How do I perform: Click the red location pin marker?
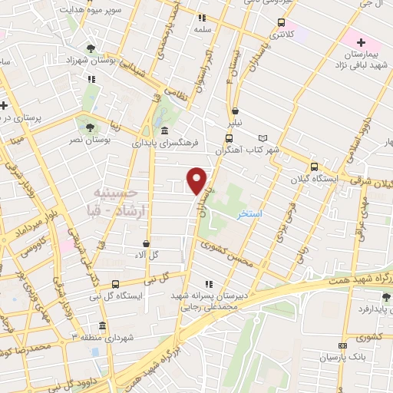197,180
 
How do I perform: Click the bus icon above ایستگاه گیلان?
313,167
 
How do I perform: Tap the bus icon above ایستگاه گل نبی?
115,284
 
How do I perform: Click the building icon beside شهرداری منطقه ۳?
102,325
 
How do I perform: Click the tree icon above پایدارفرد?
385,296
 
